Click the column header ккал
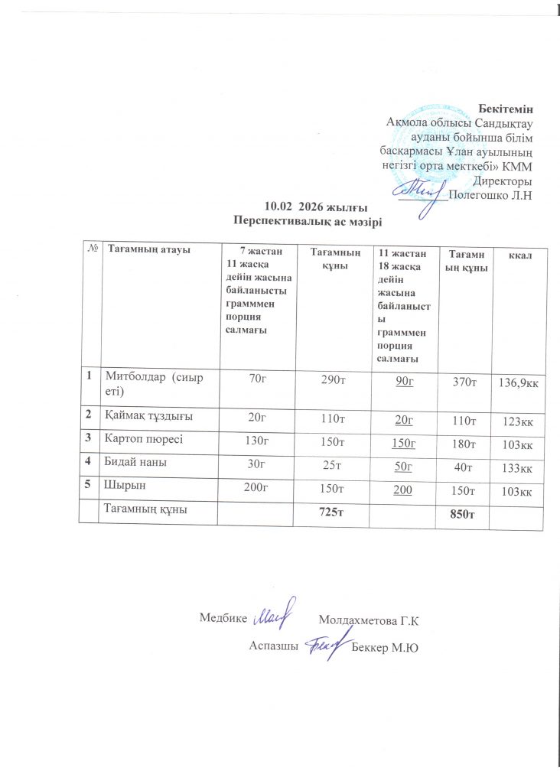pos(516,253)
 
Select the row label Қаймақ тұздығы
pos(148,416)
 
